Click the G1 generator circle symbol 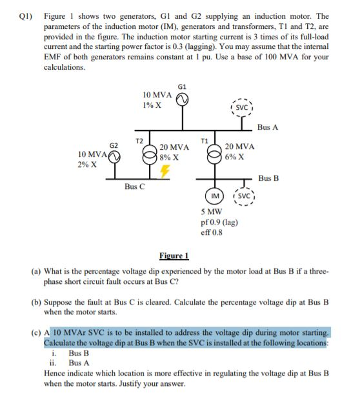[x=183, y=99]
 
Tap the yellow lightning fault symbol [x=165, y=171]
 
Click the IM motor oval [x=213, y=196]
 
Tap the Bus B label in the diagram [x=268, y=177]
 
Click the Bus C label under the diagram [x=135, y=187]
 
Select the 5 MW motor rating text [x=212, y=211]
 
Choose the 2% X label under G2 [x=87, y=165]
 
